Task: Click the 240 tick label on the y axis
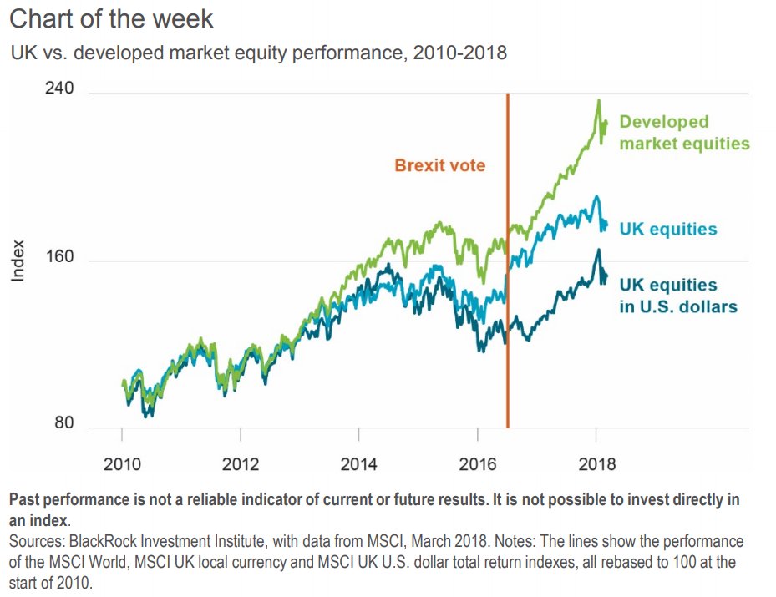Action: pos(58,89)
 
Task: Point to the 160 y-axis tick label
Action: pos(58,259)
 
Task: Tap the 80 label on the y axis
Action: pos(63,423)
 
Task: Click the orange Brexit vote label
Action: pos(439,165)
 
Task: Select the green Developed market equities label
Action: pos(684,133)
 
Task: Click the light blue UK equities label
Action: pos(668,229)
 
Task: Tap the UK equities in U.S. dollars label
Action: pos(677,296)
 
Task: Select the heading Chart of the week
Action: pos(111,18)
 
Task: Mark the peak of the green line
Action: pos(598,102)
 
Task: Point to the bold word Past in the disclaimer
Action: pos(25,500)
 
